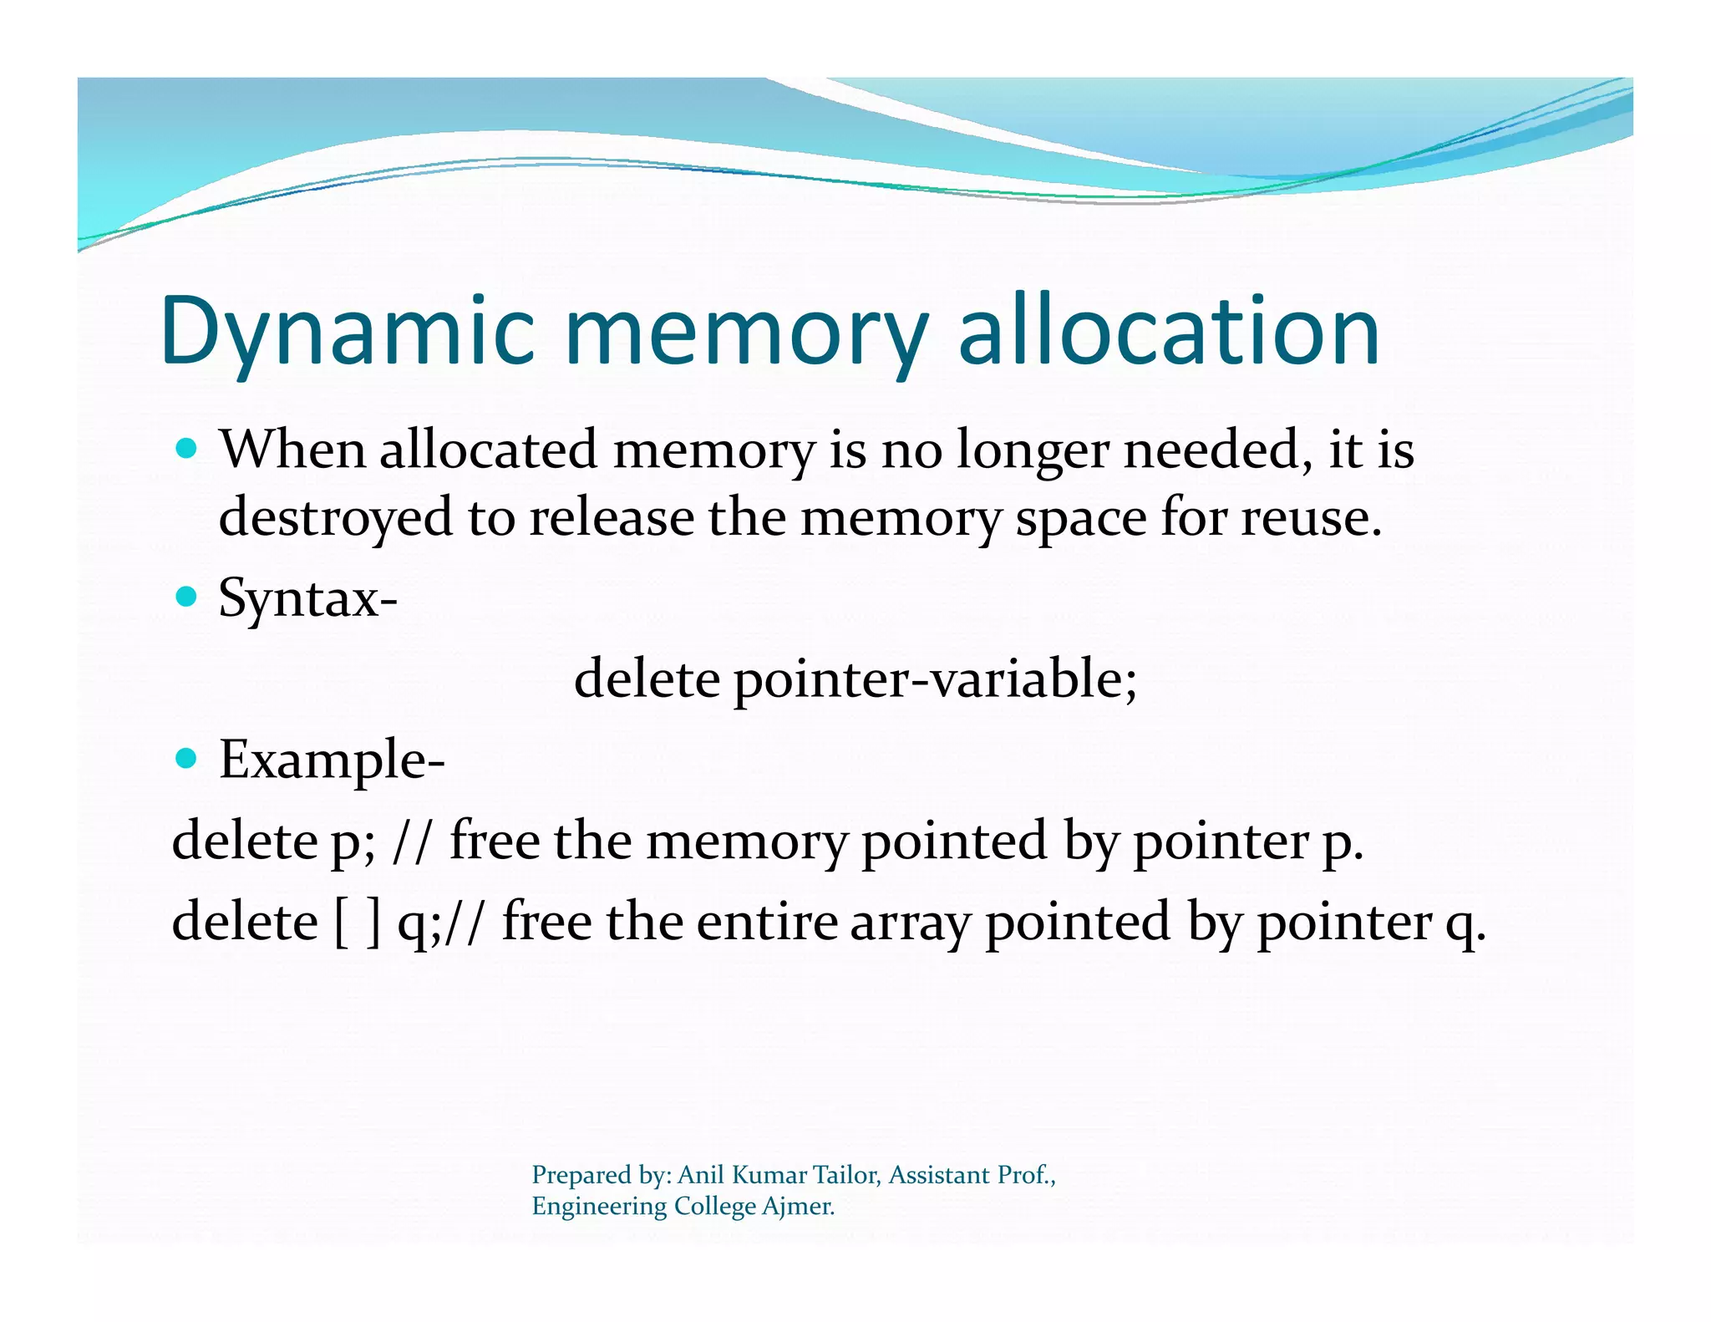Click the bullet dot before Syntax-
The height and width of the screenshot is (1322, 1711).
point(187,597)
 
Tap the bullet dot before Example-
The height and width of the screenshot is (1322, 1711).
point(187,759)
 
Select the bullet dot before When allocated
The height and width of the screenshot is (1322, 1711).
point(187,449)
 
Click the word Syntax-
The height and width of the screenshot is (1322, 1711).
point(307,598)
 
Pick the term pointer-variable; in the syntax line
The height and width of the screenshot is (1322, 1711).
point(936,679)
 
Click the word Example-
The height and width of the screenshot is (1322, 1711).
point(332,760)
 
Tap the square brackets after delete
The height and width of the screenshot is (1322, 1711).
point(358,923)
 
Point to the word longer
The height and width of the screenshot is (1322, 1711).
point(1033,451)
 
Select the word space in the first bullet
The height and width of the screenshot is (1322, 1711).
point(1081,519)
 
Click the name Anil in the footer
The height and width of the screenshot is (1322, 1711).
point(700,1175)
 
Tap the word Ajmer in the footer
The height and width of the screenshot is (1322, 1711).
point(798,1206)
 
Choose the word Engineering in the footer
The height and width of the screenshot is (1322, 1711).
point(599,1207)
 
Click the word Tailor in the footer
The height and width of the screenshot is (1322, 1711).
point(846,1175)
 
